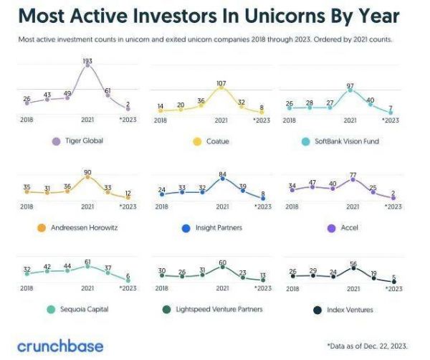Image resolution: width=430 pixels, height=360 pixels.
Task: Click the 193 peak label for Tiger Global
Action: [87, 62]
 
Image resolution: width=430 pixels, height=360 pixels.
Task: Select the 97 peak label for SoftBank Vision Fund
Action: [350, 86]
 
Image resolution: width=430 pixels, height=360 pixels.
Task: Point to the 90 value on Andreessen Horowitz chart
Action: [87, 173]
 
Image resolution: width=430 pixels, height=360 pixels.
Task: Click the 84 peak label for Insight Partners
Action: [223, 174]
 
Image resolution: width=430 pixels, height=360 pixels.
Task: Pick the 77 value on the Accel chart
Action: [353, 175]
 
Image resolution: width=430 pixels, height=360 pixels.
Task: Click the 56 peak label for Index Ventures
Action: [353, 264]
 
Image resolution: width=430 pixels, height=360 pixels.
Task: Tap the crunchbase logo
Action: [60, 346]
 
